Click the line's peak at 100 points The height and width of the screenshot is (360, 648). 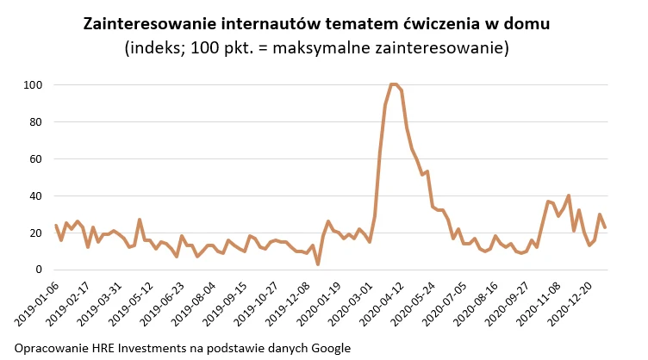click(x=393, y=84)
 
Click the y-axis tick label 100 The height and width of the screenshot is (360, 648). click(x=34, y=85)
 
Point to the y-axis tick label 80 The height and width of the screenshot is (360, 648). click(x=36, y=122)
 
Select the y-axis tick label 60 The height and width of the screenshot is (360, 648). click(x=36, y=159)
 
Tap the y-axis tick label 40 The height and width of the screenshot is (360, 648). click(x=36, y=196)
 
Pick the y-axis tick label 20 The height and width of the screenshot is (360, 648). click(x=36, y=233)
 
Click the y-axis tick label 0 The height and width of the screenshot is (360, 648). click(x=39, y=270)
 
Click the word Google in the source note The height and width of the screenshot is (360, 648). click(x=328, y=348)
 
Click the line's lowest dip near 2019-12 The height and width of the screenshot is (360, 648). click(x=317, y=264)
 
